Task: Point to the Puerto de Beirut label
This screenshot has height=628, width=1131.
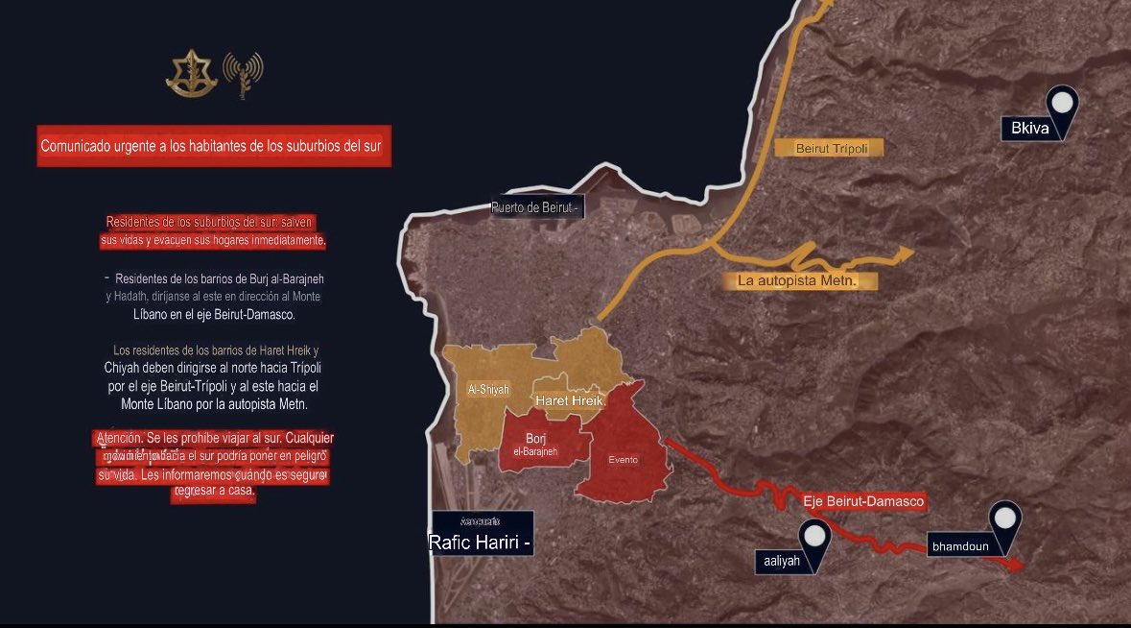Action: click(x=535, y=207)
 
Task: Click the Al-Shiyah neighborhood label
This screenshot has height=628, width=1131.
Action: click(x=487, y=389)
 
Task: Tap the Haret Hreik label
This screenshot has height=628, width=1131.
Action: click(x=569, y=400)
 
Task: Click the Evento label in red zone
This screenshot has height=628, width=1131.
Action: click(x=623, y=459)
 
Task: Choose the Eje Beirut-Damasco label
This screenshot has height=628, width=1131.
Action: click(x=863, y=501)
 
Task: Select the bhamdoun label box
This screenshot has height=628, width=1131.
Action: click(x=960, y=546)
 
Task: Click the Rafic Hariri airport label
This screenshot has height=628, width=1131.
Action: click(x=481, y=542)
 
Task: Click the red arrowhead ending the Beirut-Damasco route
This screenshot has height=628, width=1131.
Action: click(x=1016, y=566)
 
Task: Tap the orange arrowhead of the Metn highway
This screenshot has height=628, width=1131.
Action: click(x=904, y=254)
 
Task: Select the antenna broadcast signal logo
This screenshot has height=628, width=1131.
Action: click(x=242, y=75)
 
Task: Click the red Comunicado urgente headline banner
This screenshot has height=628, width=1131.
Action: click(x=215, y=147)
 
